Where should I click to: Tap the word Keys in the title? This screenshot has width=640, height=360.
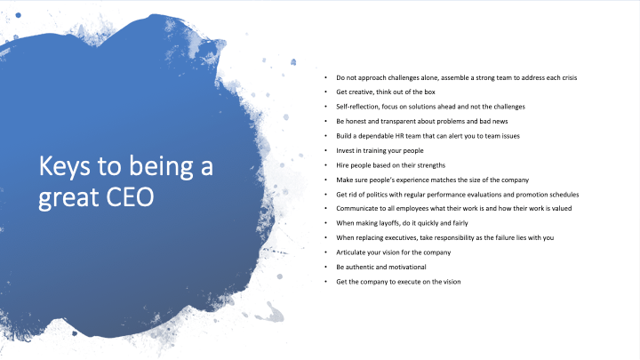62,165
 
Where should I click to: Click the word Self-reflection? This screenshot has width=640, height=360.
355,107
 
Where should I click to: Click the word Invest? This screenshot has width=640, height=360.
345,150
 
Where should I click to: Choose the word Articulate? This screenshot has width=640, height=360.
350,252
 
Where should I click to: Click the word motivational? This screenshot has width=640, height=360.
406,267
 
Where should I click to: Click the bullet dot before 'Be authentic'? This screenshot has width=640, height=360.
325,267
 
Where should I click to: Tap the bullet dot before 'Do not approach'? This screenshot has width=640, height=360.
325,77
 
